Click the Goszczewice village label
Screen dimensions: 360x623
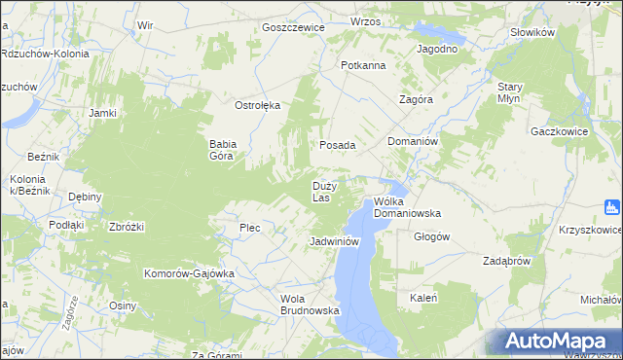click(x=292, y=27)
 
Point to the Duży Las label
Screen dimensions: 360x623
click(x=324, y=191)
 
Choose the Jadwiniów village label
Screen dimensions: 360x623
click(x=335, y=241)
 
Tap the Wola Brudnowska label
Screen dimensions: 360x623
click(x=309, y=305)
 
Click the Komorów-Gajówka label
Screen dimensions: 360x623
click(x=190, y=273)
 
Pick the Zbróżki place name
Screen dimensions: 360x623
click(x=127, y=227)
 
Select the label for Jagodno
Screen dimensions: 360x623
click(x=437, y=49)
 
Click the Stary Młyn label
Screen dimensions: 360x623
click(x=510, y=92)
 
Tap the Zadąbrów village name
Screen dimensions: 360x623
click(x=506, y=261)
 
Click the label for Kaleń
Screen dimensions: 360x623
click(x=423, y=298)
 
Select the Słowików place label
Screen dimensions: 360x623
click(x=532, y=32)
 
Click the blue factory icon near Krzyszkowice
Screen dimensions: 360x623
click(x=612, y=206)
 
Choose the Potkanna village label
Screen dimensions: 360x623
click(x=363, y=65)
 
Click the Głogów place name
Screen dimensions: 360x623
click(x=431, y=236)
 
